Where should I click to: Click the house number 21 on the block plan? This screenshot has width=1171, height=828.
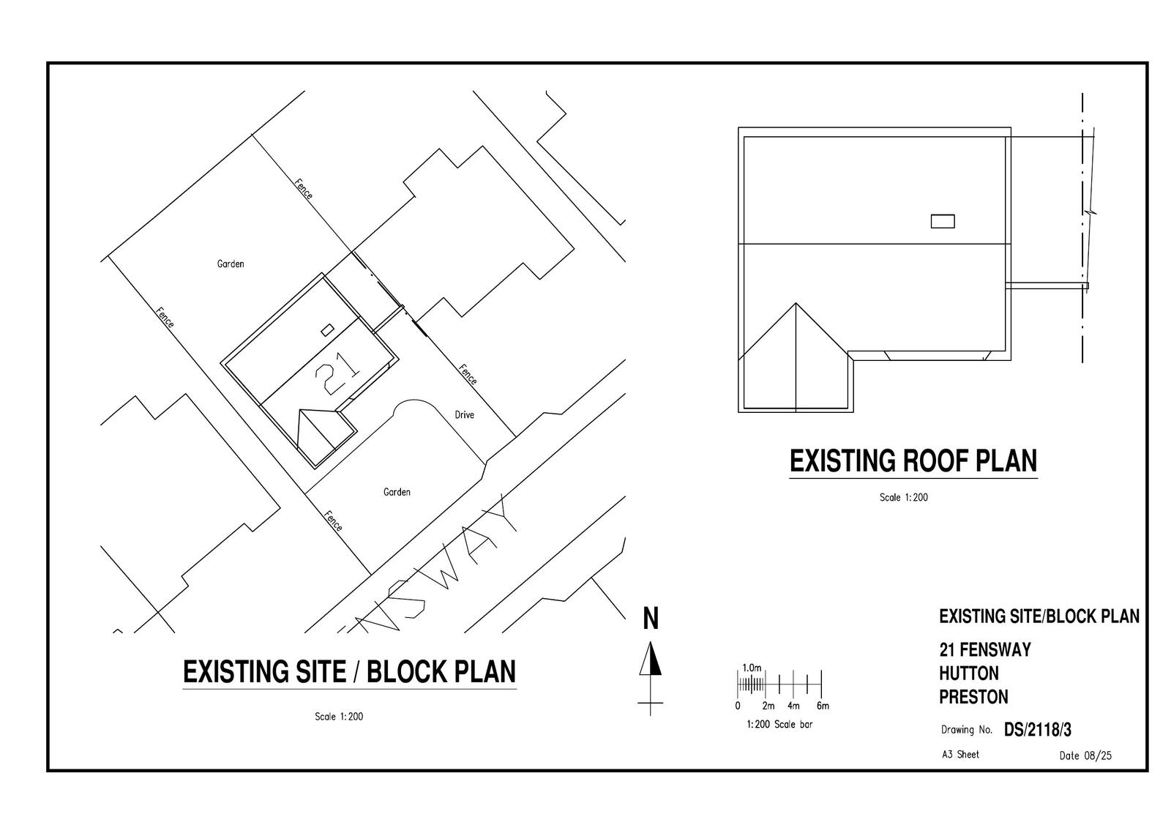[x=337, y=373]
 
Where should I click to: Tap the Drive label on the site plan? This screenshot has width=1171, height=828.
[x=464, y=415]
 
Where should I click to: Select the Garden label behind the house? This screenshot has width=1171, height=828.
[x=231, y=264]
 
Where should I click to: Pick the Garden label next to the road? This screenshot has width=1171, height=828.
[x=397, y=492]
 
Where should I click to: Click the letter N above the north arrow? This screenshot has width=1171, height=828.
[x=651, y=619]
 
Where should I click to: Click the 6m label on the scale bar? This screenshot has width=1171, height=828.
[x=822, y=706]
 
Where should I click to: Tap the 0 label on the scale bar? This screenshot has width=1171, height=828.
[x=738, y=706]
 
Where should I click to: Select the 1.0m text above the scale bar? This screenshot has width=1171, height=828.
[x=752, y=668]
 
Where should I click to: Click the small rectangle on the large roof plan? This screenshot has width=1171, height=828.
[x=942, y=221]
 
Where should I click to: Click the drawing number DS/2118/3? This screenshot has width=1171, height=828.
[x=1037, y=730]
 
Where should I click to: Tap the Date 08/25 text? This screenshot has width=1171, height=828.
[x=1085, y=756]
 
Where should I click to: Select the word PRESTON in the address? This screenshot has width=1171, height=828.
[x=973, y=697]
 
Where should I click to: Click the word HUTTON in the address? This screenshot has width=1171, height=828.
[x=968, y=674]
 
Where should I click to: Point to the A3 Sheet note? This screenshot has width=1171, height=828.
[x=960, y=754]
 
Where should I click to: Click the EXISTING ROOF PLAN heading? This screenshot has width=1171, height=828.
[x=913, y=461]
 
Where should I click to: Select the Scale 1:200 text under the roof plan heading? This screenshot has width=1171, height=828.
[x=903, y=498]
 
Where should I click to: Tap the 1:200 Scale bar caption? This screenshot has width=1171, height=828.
[x=779, y=725]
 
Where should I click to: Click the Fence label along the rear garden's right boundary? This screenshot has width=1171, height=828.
[x=304, y=189]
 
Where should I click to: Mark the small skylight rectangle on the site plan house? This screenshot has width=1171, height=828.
[x=327, y=329]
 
